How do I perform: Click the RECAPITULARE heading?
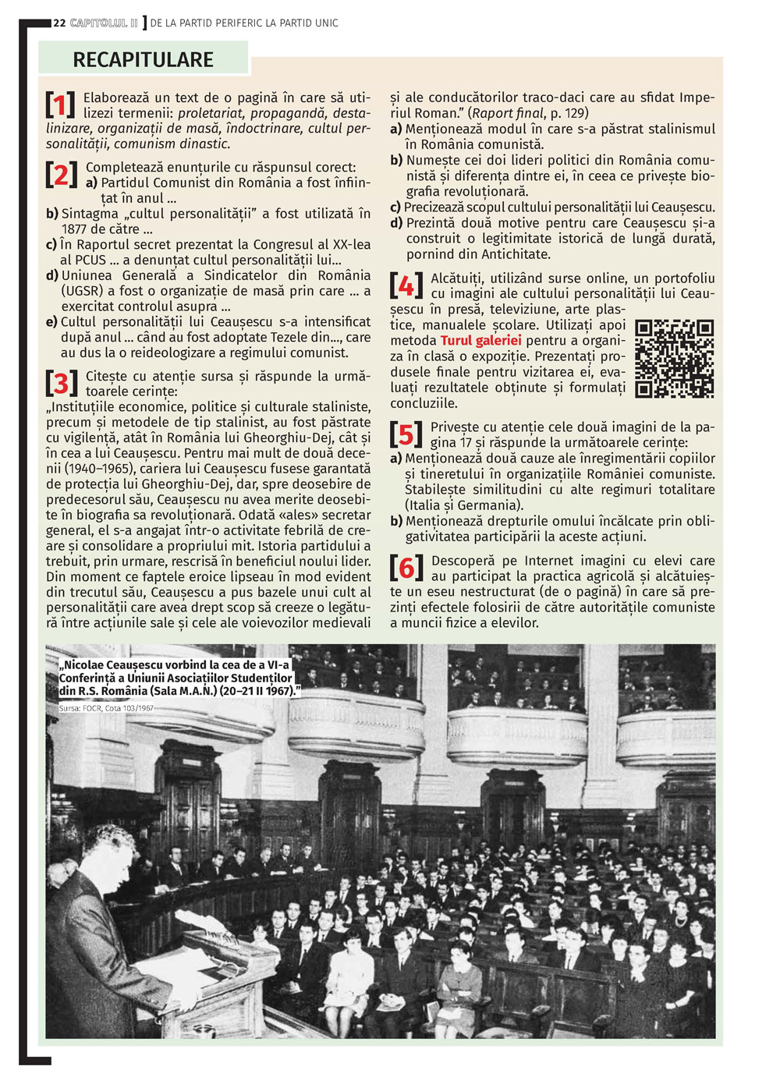pos(144,59)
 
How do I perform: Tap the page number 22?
pos(59,23)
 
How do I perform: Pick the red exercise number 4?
pos(406,285)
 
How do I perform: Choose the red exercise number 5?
pos(406,434)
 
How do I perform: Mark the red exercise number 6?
pos(406,568)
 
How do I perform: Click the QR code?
pos(675,359)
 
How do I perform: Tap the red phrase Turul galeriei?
pos(480,341)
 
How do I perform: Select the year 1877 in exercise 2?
pos(77,229)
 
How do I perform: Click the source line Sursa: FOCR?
pos(106,708)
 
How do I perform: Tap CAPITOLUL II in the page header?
pos(104,23)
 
